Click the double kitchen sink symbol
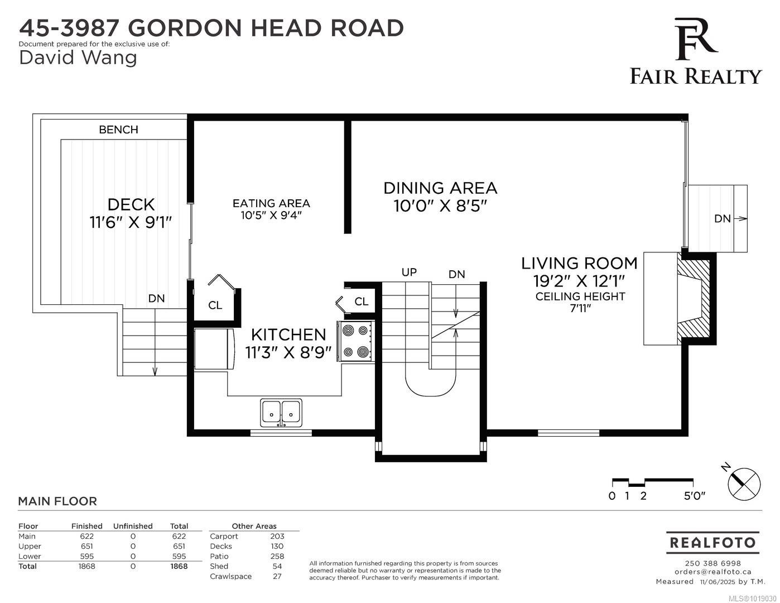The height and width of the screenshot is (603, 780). pyautogui.click(x=281, y=413)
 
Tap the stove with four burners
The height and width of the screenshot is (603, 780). pyautogui.click(x=355, y=341)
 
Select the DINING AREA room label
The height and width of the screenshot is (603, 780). pyautogui.click(x=440, y=188)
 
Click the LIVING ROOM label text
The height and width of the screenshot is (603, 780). pyautogui.click(x=579, y=263)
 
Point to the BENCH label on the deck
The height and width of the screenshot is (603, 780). pyautogui.click(x=118, y=130)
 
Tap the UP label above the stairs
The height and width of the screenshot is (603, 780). pyautogui.click(x=409, y=272)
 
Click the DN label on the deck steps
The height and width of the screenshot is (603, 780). pyautogui.click(x=156, y=299)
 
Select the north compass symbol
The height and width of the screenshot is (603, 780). pyautogui.click(x=744, y=483)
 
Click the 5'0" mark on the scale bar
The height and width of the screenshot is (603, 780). pyautogui.click(x=694, y=496)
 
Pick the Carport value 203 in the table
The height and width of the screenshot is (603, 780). pyautogui.click(x=277, y=536)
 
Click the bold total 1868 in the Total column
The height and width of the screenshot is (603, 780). pyautogui.click(x=179, y=566)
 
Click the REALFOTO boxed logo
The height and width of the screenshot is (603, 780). pyautogui.click(x=712, y=542)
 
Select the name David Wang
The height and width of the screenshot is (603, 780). pyautogui.click(x=78, y=57)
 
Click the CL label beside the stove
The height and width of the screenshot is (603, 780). pyautogui.click(x=361, y=301)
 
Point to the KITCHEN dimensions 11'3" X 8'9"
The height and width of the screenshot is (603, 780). pyautogui.click(x=288, y=352)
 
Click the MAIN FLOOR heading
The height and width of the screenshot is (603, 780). pyautogui.click(x=57, y=501)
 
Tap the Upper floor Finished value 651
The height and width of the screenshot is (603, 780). pyautogui.click(x=86, y=546)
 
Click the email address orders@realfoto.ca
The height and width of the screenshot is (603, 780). pyautogui.click(x=712, y=572)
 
